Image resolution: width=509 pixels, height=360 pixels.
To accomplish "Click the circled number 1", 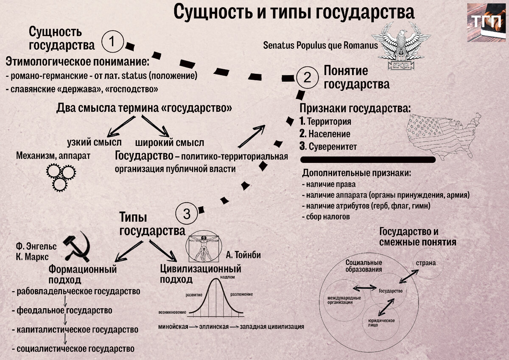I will (x=112, y=42).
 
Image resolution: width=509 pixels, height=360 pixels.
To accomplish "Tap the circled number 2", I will (x=307, y=77).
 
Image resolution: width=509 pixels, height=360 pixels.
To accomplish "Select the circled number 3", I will (x=187, y=214).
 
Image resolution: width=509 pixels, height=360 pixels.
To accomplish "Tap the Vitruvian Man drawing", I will (x=205, y=247).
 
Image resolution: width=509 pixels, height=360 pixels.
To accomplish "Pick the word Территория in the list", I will (x=329, y=122).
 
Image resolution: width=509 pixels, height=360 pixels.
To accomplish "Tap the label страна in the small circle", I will (x=425, y=263).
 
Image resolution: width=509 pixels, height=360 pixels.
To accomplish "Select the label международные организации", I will (x=344, y=300).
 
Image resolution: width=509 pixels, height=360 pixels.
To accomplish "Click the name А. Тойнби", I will (x=243, y=255).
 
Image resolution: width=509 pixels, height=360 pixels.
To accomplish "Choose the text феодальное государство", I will (x=64, y=310).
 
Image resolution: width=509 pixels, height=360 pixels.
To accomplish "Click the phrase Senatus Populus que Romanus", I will (x=318, y=45).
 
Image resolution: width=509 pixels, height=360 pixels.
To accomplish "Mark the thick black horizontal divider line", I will (x=368, y=159).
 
